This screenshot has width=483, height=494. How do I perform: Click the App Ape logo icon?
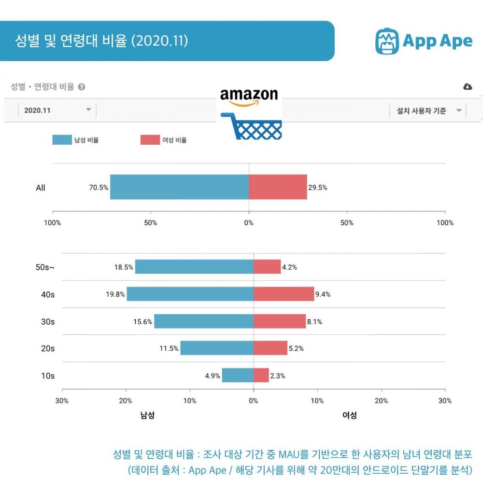pos(387,41)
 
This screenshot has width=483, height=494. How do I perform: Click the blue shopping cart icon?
pos(251,126)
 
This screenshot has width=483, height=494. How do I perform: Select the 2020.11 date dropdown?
pos(57,110)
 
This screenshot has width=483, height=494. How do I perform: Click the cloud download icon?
pos(468,87)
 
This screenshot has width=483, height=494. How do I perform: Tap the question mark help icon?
pos(82,87)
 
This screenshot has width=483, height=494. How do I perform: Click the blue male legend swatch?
pos(62,140)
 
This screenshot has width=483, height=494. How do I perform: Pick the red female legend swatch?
pos(150,140)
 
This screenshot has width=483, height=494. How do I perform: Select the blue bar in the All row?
pos(180,187)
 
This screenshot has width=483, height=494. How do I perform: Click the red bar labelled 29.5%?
pos(278,187)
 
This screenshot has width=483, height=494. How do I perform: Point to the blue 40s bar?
pos(190,294)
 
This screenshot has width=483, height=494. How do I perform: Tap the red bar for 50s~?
pos(267,267)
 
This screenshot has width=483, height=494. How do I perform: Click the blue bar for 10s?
pos(238,375)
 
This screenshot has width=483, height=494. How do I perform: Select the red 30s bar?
pos(280,321)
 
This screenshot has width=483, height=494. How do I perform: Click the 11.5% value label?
pos(169,348)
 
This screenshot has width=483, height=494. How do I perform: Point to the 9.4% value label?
pos(323,294)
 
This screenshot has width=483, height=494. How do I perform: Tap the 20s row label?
pos(48,348)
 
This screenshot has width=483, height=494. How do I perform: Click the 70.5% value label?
pos(99,188)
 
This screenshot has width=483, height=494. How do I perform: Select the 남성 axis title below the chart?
pos(147,415)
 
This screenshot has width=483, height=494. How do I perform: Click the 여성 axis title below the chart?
pos(350,415)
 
